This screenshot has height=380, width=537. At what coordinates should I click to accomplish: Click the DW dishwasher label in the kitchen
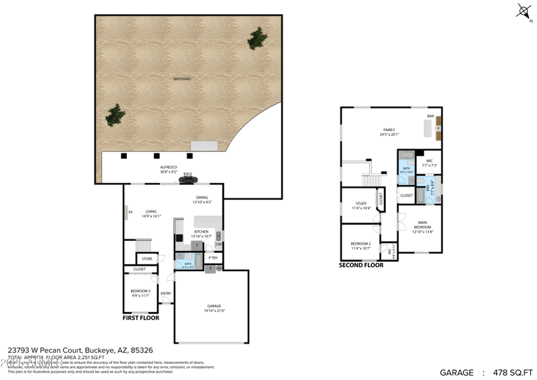(219, 244)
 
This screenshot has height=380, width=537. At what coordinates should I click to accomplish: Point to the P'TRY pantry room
(213, 258)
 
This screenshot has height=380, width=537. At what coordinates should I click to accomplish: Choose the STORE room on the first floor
(147, 258)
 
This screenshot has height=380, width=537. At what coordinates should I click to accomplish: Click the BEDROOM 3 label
(140, 291)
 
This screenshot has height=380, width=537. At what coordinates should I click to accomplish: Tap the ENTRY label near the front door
(166, 293)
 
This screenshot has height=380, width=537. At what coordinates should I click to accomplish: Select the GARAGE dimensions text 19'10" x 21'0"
(214, 311)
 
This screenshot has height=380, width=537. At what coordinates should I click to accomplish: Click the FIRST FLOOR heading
(141, 317)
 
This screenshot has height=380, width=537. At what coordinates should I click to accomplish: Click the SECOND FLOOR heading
(361, 265)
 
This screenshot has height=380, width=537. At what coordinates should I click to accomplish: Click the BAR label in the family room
(430, 116)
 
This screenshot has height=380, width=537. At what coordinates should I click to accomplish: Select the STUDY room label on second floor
(361, 203)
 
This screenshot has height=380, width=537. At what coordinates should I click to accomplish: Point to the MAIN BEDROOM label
(422, 224)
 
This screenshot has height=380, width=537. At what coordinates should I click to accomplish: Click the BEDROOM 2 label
(360, 243)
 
